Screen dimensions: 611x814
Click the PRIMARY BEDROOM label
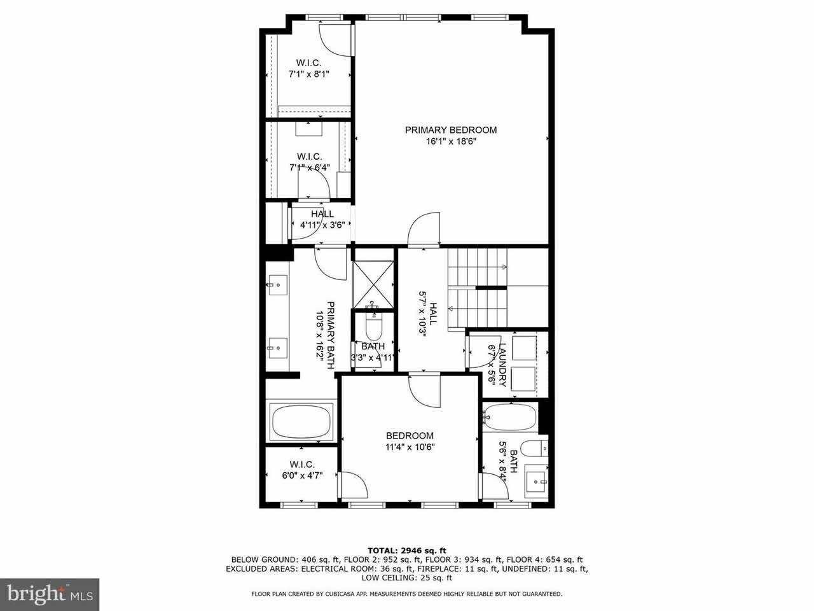(x=451, y=130)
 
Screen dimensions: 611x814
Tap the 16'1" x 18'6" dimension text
(x=451, y=142)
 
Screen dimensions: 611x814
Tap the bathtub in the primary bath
(x=301, y=422)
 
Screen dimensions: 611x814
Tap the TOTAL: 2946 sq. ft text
(x=407, y=550)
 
